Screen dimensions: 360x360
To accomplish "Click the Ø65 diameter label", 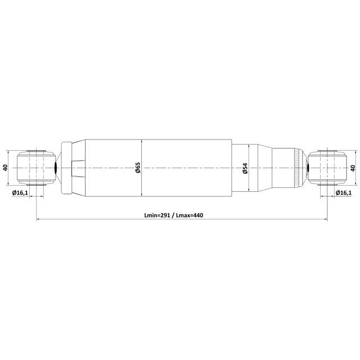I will coord(138,168).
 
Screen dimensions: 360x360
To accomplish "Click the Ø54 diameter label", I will coord(245,168).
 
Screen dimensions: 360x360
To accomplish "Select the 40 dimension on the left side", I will coord(6,168).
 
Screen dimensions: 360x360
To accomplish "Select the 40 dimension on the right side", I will coord(353,168).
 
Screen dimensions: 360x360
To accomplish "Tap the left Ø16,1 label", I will coord(20,193).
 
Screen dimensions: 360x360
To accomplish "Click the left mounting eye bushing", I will coord(36,168).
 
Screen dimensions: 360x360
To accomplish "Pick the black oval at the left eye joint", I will coord(56,168).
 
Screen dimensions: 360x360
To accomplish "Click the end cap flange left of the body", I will coord(66,168).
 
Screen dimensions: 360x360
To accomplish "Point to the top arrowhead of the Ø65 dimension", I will coord(142,141).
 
